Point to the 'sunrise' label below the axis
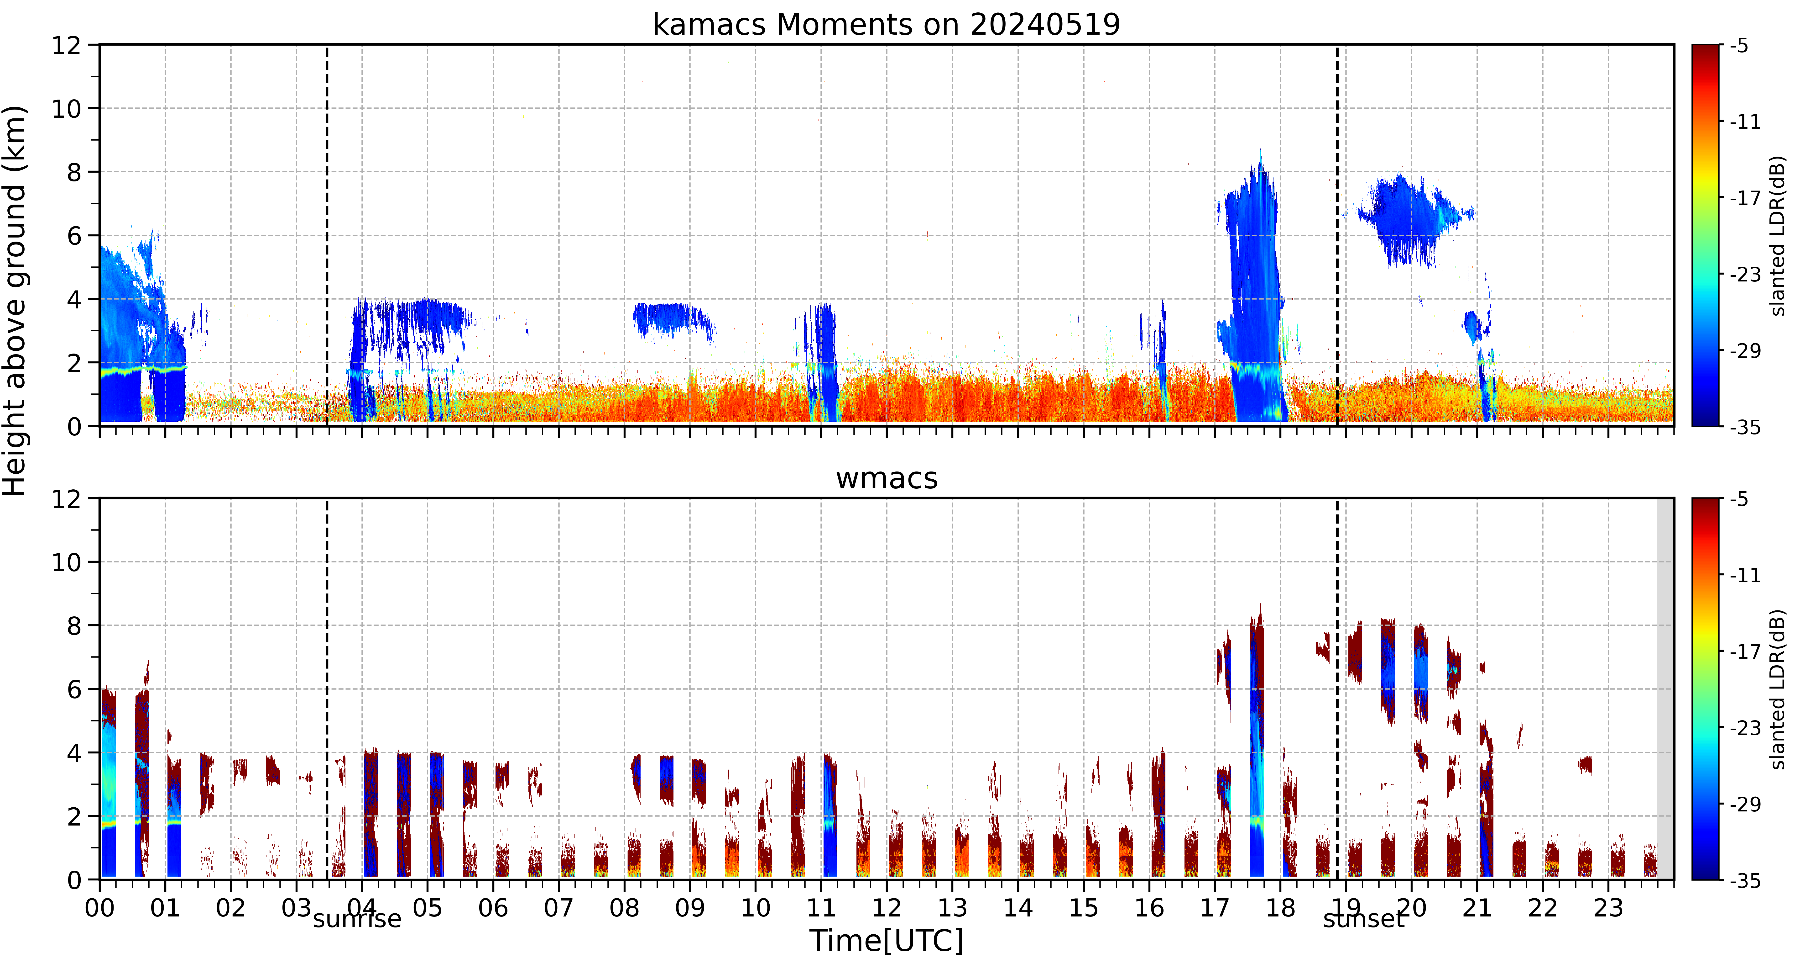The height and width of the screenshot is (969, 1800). pos(357,919)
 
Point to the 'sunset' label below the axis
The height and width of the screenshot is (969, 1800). pos(1363,919)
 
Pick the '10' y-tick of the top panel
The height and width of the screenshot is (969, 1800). pos(66,108)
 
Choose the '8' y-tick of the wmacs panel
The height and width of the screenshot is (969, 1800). pos(74,626)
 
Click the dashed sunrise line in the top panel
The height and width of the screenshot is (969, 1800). pos(327,235)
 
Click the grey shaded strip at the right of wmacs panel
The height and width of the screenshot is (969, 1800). pos(1665,689)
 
